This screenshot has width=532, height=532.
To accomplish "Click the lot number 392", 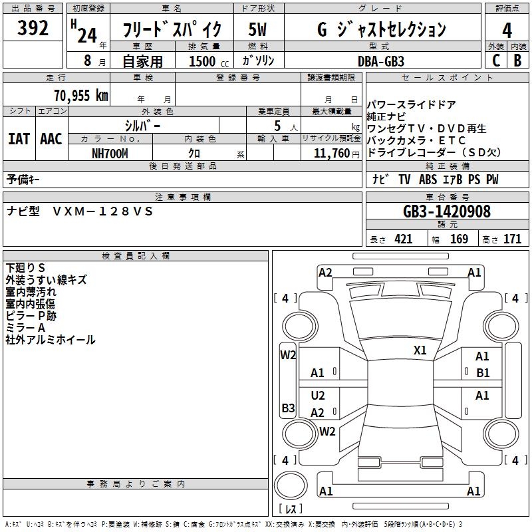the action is tap(33, 28).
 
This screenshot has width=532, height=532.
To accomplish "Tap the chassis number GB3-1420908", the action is tap(447, 211).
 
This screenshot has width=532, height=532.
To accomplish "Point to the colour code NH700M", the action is tap(110, 153).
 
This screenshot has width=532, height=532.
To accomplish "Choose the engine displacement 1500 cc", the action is tap(206, 61).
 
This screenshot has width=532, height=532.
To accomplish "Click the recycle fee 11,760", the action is tap(331, 153).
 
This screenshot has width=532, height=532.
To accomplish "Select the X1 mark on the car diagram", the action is tap(420, 350).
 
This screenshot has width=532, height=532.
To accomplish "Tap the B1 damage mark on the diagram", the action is tap(483, 373).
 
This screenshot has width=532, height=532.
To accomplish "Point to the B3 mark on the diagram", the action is tap(288, 408).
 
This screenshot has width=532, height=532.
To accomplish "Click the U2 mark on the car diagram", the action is tap(318, 396).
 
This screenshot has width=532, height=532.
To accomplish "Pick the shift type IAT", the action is tap(19, 139).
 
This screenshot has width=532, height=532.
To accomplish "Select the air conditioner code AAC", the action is tap(51, 139).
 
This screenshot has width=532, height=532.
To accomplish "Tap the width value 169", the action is tap(459, 239).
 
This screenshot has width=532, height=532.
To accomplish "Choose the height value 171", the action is tap(512, 239).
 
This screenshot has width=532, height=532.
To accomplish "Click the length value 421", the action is tap(403, 239).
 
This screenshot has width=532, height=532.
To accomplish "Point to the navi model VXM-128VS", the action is tap(103, 211).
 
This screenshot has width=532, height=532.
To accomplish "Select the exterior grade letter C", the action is tap(495, 61).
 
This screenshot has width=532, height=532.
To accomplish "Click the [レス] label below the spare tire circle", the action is tap(290, 509).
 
